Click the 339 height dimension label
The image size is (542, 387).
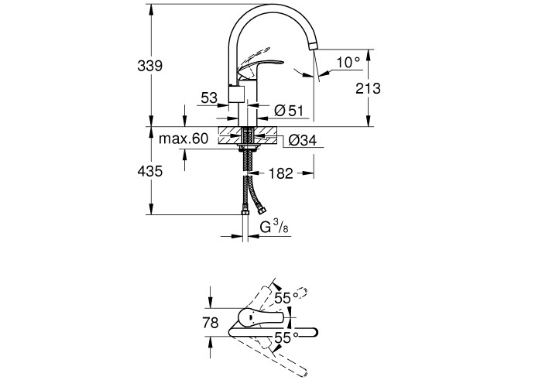coord(149,67)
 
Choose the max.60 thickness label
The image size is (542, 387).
coord(184,139)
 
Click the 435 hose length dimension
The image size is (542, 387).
coord(149,172)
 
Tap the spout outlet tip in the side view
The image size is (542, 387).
coord(314,46)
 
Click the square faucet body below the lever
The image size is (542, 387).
coord(238,95)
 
